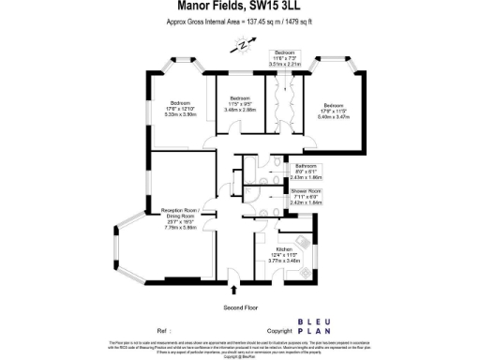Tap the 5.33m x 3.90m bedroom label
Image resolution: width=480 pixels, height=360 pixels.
180,109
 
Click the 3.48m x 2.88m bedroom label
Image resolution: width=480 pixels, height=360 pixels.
240,104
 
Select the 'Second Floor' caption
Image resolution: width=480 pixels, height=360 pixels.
240,307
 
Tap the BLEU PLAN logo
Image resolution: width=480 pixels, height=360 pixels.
313,330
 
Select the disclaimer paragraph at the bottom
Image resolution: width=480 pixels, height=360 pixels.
240,348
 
